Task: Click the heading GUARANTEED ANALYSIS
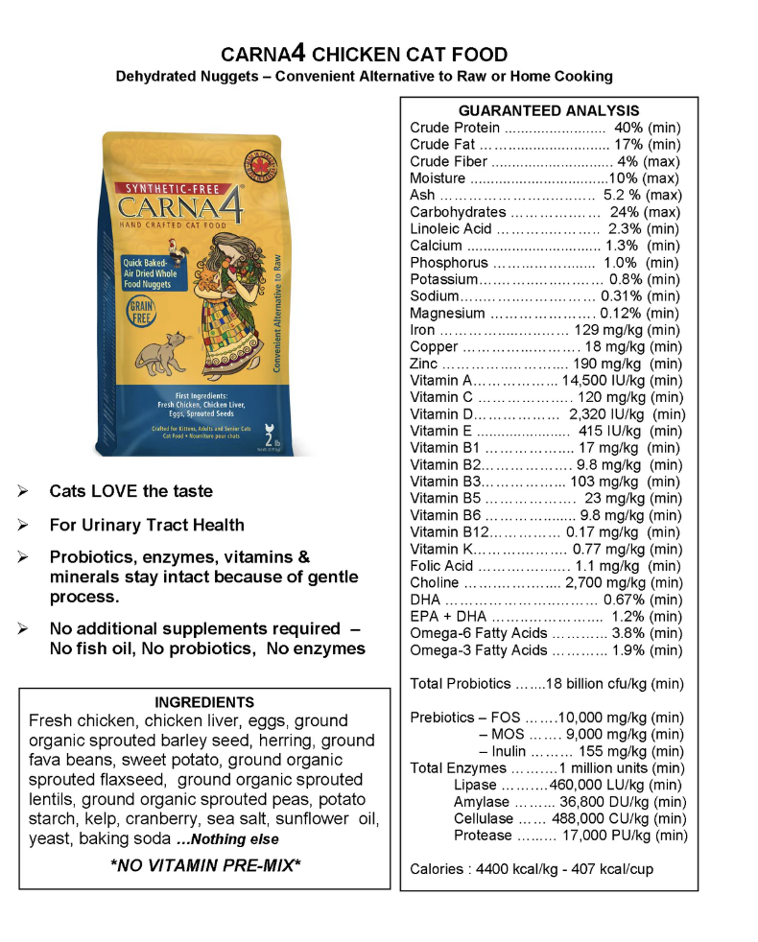click(x=548, y=111)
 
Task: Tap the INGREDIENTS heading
click(x=204, y=702)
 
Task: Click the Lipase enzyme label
click(x=473, y=785)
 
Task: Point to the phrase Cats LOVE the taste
click(x=131, y=491)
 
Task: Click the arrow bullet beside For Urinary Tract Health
click(x=22, y=526)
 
